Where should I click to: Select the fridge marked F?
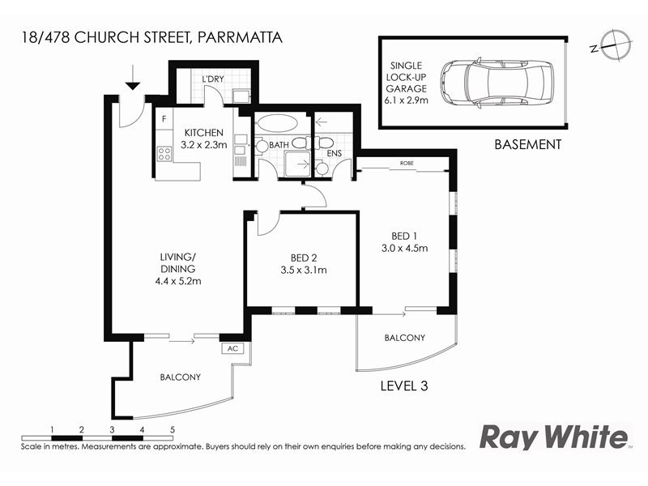[x=164, y=119]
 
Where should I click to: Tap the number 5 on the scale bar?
[x=173, y=428]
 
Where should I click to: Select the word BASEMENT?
[x=527, y=145]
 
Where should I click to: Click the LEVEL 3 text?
[x=403, y=386]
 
